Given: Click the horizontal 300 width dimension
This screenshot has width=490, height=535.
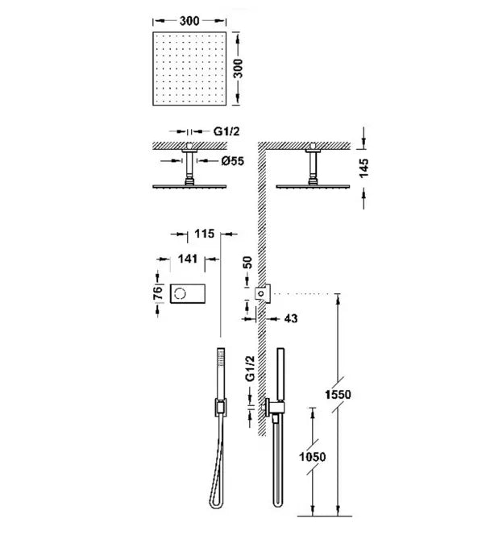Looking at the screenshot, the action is tap(189, 21).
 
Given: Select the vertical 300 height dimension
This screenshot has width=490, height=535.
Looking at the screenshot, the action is tap(239, 68).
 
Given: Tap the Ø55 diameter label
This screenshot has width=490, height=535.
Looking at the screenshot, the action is tap(233, 160).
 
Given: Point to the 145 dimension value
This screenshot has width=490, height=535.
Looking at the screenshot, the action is tap(363, 168).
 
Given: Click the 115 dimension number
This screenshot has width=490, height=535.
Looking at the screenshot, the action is tap(205, 234).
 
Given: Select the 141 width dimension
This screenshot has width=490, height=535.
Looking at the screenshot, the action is tap(188, 259).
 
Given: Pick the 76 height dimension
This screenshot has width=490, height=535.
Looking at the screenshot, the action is tap(158, 293).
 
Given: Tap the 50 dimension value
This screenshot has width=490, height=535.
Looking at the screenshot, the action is tap(247, 263).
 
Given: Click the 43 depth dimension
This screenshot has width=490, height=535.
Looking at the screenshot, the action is tap(291, 319).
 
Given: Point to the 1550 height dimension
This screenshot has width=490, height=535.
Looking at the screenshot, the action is tap(338, 395).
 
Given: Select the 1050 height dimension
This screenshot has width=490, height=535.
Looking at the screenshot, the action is tap(312, 457).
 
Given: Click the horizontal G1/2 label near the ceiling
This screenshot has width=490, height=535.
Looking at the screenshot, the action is tap(226, 131).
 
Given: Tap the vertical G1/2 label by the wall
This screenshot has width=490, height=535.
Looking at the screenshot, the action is tap(250, 368).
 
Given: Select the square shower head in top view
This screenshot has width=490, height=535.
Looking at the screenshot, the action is tap(189, 68).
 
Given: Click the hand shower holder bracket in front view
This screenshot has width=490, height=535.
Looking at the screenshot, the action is tap(221, 407).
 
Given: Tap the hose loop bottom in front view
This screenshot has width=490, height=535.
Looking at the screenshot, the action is tap(216, 504).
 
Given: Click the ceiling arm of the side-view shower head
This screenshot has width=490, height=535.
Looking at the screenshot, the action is tap(313, 164).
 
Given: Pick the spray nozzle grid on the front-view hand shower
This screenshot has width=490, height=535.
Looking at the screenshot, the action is tap(221, 359).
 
